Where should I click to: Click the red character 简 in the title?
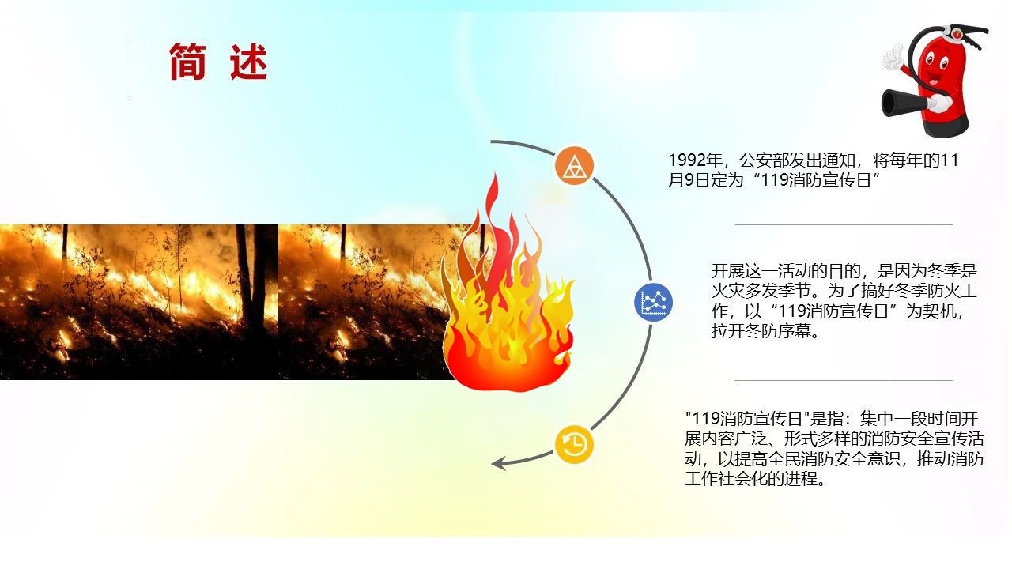point(187,62)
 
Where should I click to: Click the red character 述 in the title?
point(249,62)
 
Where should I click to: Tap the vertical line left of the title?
point(130,69)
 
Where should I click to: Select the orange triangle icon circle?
point(574,165)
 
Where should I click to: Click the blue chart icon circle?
point(653,302)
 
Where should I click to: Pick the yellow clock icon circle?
point(574,445)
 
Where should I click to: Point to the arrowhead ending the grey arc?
point(498,464)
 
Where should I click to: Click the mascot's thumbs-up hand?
point(893,58)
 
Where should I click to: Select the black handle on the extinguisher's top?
point(967,35)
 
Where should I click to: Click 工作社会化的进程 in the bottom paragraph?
point(751,479)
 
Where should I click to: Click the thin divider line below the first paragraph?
point(844,224)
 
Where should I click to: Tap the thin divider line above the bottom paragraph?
point(844,381)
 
